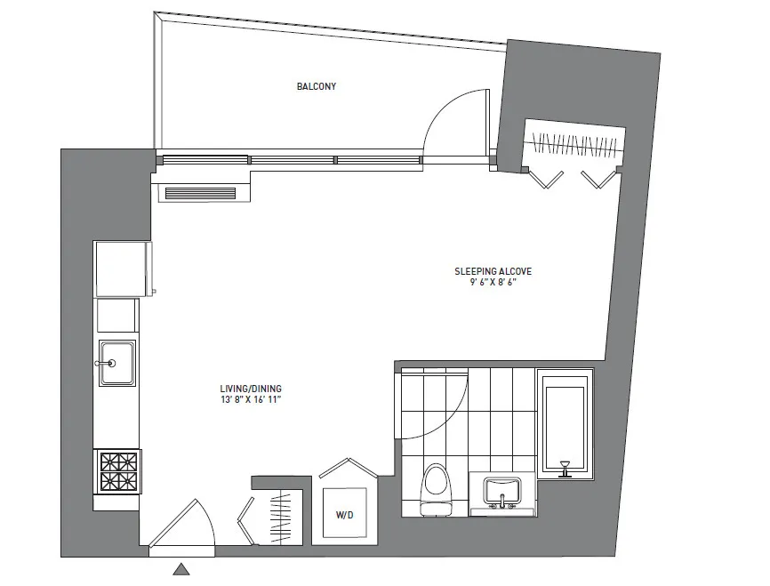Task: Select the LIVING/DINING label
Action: point(255,389)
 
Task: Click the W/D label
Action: point(343,515)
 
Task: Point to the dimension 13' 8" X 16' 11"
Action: point(255,401)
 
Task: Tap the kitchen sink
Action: point(117,363)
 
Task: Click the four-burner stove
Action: point(117,472)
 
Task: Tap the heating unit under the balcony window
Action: point(203,191)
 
